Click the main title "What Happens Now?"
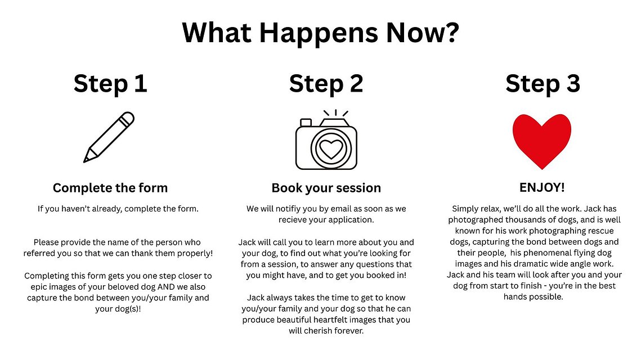point(321,33)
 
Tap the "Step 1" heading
point(110,84)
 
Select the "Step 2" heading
point(326,84)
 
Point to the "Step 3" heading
point(543,84)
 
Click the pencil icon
point(109,137)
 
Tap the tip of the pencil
point(84,161)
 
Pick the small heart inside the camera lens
point(331,149)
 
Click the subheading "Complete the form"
point(110,188)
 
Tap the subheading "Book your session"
point(326,188)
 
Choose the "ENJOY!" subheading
point(542,187)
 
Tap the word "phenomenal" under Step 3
point(553,253)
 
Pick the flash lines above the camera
point(335,112)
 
